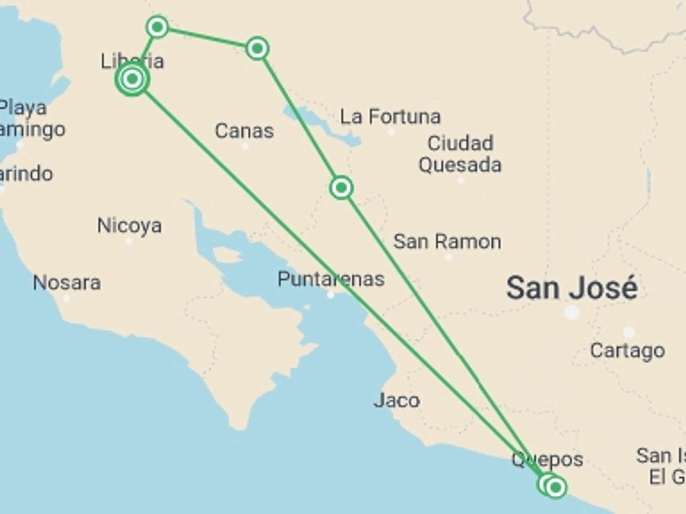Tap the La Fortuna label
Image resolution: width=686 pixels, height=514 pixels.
[x=390, y=117]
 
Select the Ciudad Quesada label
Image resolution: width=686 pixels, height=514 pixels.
[x=460, y=154]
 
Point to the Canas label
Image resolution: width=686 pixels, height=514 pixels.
[x=244, y=131]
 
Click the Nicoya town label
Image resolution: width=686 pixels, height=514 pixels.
[x=129, y=226]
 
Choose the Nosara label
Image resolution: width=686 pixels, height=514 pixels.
[x=67, y=283]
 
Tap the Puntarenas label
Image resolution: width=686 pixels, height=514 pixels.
[x=331, y=279]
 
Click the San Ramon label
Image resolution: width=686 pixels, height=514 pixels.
[x=447, y=242]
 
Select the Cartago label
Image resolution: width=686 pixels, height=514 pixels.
[x=627, y=351]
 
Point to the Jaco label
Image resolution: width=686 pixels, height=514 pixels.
[x=397, y=400]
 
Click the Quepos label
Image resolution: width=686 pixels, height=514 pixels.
[x=547, y=459]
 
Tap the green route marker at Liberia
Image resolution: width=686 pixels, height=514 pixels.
[x=132, y=79]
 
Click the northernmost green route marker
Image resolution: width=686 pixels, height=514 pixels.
[x=157, y=27]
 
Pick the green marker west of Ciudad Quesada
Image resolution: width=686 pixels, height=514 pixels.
[x=341, y=187]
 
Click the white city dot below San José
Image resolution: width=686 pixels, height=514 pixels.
[x=571, y=312]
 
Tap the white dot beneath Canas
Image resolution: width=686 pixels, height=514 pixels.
[x=245, y=146]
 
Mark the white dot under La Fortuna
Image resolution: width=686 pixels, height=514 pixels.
[x=391, y=132]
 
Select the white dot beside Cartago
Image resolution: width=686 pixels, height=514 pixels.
[x=629, y=332]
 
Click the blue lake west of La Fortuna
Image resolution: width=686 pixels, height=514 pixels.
[x=322, y=125]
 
